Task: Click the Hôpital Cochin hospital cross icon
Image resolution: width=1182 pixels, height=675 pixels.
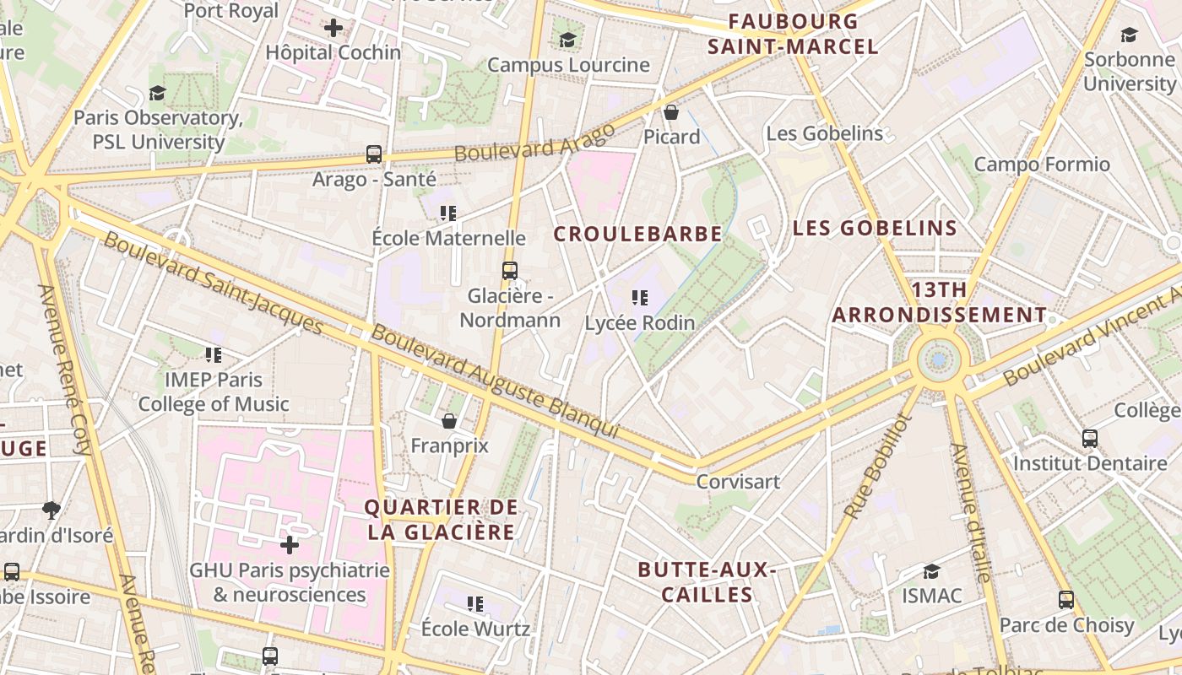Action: pyautogui.click(x=333, y=28)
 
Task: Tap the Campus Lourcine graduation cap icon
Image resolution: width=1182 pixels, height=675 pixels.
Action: pyautogui.click(x=567, y=40)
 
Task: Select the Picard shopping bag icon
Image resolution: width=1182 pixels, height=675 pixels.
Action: pyautogui.click(x=671, y=112)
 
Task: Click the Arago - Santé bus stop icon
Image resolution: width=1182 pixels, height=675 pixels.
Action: pyautogui.click(x=374, y=154)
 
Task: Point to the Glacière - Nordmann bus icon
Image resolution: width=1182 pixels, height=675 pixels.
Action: pyautogui.click(x=509, y=271)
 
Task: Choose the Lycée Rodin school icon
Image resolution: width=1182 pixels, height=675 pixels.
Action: pyautogui.click(x=640, y=298)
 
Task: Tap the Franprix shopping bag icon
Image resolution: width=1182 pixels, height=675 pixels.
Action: pyautogui.click(x=449, y=420)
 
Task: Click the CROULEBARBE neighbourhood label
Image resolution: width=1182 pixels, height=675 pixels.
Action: pyautogui.click(x=637, y=234)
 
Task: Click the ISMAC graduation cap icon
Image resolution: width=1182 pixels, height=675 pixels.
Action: pyautogui.click(x=931, y=571)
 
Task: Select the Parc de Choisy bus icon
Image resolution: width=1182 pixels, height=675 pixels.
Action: pyautogui.click(x=1066, y=600)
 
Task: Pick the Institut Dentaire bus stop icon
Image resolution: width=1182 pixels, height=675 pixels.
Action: pyautogui.click(x=1090, y=439)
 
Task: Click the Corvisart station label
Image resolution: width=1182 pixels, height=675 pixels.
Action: pyautogui.click(x=738, y=481)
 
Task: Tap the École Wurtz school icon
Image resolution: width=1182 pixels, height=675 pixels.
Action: pyautogui.click(x=475, y=604)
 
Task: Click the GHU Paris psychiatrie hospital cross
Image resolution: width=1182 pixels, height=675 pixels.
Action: pyautogui.click(x=290, y=545)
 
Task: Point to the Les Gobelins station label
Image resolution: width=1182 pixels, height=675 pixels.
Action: pyautogui.click(x=824, y=133)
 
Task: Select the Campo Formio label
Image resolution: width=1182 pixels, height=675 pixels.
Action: pyautogui.click(x=1042, y=164)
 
